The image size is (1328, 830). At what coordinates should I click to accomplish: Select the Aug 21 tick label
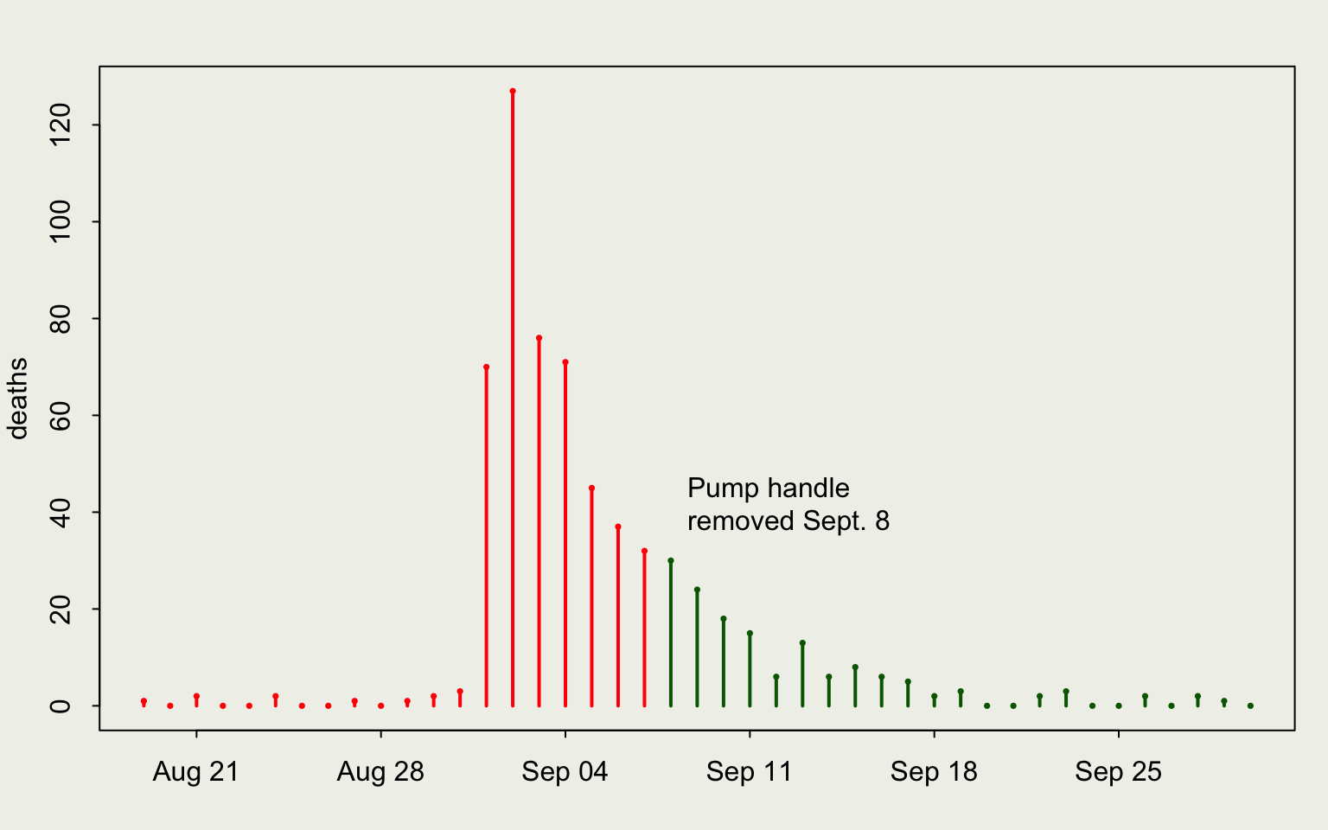(195, 771)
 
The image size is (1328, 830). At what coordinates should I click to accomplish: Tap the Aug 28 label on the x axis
(380, 771)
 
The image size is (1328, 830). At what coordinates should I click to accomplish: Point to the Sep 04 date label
(565, 771)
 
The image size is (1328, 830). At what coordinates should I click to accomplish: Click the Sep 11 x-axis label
(749, 771)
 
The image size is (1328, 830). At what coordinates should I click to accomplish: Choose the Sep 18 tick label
(934, 771)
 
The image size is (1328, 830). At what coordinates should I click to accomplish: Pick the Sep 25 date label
(1118, 771)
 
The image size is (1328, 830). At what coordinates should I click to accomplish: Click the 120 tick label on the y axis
(61, 125)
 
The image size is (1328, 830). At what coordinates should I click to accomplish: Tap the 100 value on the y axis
(61, 222)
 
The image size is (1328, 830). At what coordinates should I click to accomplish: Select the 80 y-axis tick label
(61, 319)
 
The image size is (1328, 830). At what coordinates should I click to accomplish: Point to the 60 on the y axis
(61, 416)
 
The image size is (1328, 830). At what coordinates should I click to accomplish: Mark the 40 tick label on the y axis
(61, 513)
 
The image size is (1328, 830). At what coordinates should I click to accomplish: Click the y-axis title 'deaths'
(17, 399)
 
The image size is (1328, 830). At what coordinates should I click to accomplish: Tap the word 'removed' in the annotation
(741, 521)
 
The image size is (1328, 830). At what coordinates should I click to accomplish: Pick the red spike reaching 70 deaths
(486, 536)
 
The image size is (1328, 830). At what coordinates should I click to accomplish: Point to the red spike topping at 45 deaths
(591, 597)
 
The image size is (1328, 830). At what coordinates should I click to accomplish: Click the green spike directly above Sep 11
(750, 669)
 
